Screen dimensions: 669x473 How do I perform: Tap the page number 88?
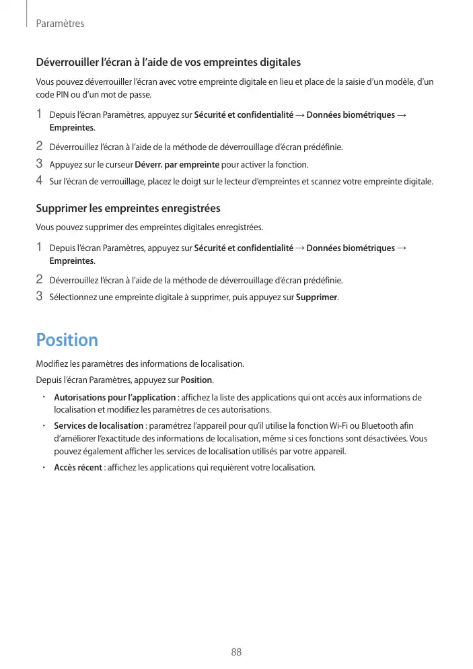pos(236,652)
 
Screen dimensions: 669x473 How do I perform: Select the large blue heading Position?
pos(67,340)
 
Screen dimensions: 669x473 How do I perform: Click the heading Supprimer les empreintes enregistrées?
pos(128,209)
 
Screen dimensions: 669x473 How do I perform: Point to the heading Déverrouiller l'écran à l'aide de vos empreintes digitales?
pos(168,63)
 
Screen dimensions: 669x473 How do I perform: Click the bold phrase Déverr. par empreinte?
pos(178,164)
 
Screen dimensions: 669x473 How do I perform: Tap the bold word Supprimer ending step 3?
pos(316,297)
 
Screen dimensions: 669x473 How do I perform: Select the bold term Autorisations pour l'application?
pos(114,398)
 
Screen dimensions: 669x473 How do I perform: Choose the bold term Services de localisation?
pos(99,425)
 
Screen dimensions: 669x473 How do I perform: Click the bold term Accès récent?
pos(78,468)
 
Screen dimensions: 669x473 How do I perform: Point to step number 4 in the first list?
pos(39,180)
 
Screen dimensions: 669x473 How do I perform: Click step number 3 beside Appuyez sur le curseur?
pos(39,164)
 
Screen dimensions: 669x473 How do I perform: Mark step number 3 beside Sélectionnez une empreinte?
pos(39,297)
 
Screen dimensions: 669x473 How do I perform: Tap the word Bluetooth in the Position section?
pos(379,425)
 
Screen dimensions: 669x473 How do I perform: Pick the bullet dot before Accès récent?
pos(42,467)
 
